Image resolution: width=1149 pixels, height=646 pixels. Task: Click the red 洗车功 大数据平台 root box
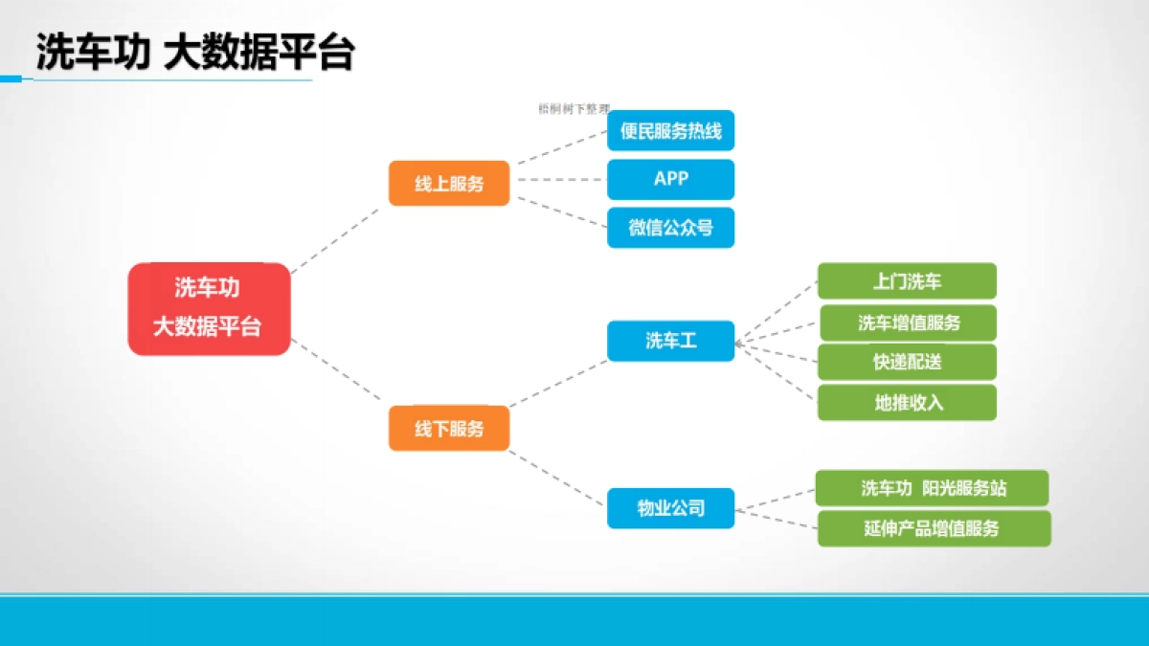209,309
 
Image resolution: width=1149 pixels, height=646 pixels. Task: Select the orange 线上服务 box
448,184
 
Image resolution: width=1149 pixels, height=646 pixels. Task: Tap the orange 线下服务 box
448,429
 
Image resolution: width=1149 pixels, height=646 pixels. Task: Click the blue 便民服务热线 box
670,131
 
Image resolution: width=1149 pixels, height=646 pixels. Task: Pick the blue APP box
670,179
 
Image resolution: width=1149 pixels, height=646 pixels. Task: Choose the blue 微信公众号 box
670,228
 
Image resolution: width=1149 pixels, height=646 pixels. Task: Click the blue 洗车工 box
670,341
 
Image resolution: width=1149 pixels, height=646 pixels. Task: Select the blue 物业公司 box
670,508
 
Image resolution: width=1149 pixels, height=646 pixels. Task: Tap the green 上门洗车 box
907,281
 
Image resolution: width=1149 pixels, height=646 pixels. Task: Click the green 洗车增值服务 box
907,323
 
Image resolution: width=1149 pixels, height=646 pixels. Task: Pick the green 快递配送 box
907,363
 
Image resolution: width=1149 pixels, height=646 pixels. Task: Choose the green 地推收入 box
907,403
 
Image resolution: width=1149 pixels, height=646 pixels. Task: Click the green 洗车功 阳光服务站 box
932,488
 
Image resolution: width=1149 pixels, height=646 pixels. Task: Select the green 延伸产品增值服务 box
934,528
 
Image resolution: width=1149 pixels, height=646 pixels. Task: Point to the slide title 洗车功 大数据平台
195,54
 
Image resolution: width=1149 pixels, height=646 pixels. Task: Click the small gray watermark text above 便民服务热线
574,109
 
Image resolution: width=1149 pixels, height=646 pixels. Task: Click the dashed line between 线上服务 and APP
558,179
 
